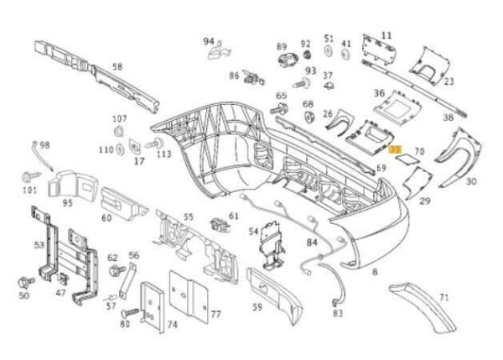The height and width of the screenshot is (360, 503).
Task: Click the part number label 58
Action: pos(117,66)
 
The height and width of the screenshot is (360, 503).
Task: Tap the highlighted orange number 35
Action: pos(397,150)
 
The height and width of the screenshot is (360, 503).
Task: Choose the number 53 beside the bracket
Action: pos(39,244)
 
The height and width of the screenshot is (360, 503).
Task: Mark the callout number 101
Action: pos(30,190)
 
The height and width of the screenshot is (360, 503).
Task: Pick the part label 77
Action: pos(215,315)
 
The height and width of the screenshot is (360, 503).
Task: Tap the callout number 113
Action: pos(163,154)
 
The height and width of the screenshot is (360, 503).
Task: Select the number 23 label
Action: pos(449,81)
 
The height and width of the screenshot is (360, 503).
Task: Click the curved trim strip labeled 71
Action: pos(428,310)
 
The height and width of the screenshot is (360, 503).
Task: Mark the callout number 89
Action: pos(282,46)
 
